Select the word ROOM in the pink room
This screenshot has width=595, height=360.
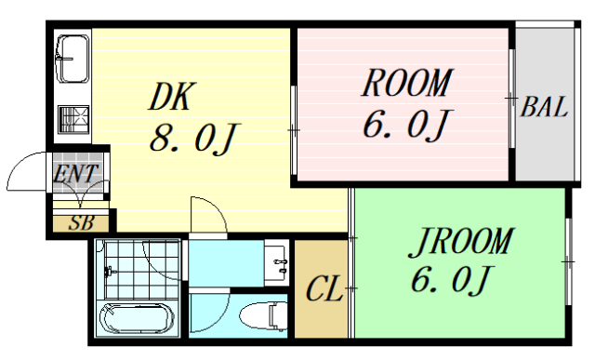coord(405,84)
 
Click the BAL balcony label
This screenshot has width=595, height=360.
coord(544,107)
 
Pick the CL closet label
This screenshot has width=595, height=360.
coord(324,289)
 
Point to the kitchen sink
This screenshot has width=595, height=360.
coord(72,58)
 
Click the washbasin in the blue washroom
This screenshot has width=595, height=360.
coord(276,260)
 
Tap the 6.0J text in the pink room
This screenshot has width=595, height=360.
coord(406,126)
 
